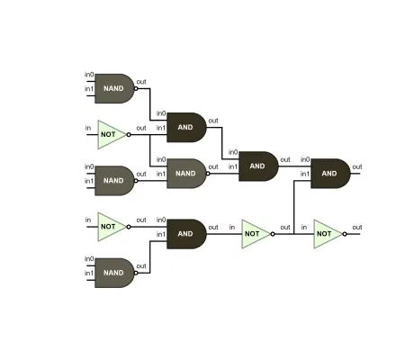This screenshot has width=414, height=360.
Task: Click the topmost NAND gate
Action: tap(113, 88)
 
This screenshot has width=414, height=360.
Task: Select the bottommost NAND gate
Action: tap(113, 273)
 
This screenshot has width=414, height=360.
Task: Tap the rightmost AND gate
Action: tap(330, 174)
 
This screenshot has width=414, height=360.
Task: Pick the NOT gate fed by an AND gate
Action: tap(255, 234)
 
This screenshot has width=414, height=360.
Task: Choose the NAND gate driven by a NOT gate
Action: tap(185, 174)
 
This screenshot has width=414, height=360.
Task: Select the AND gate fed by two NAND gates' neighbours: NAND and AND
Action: tap(257, 166)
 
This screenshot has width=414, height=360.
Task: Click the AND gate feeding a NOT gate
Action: tap(185, 234)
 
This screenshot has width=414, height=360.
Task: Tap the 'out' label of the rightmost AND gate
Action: tap(357, 166)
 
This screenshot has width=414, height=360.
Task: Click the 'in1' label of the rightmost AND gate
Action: tap(305, 174)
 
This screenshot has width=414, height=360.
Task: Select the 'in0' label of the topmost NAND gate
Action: tap(89, 74)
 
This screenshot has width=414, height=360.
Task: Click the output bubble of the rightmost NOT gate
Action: tap(345, 234)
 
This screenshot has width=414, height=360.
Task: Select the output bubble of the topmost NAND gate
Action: tap(137, 88)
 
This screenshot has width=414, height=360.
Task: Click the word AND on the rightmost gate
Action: tap(329, 174)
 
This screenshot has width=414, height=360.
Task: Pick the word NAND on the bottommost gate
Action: tap(113, 273)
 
